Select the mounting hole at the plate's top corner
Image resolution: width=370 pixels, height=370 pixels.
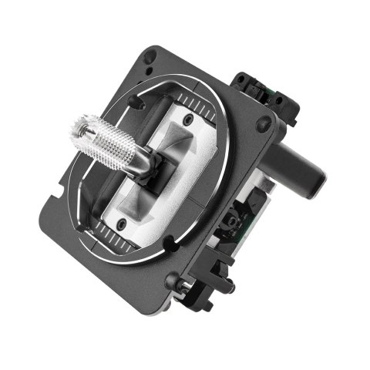coord(152,55)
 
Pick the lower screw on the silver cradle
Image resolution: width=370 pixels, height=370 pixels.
coord(122,224)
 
